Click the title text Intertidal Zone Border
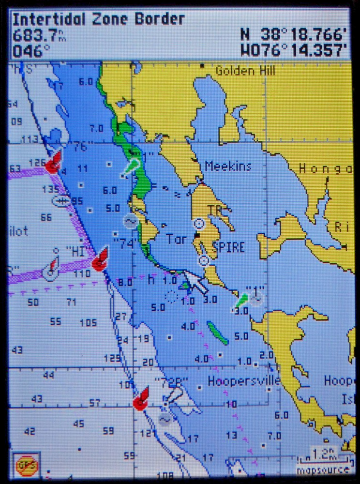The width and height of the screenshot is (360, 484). pos(99,19)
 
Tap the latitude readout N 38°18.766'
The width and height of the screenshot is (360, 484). pos(294,35)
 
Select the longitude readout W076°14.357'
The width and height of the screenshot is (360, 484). pos(294,50)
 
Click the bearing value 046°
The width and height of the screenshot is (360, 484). pos(31,50)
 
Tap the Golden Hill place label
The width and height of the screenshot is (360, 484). pos(245,71)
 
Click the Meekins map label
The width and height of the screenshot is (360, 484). pos(228,166)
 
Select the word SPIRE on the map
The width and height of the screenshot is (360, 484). pos(228,248)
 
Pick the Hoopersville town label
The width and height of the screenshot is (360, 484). pos(243,381)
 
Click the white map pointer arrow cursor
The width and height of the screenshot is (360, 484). pos(194,282)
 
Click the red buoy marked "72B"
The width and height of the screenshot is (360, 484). pos(141,400)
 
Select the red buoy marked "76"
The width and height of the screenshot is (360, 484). pos(53,163)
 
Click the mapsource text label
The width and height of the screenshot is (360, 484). pos(323,469)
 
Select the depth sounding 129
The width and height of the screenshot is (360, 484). pos(112,359)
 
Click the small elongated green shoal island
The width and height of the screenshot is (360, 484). pos(217,333)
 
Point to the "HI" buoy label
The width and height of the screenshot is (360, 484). pos(75,251)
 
